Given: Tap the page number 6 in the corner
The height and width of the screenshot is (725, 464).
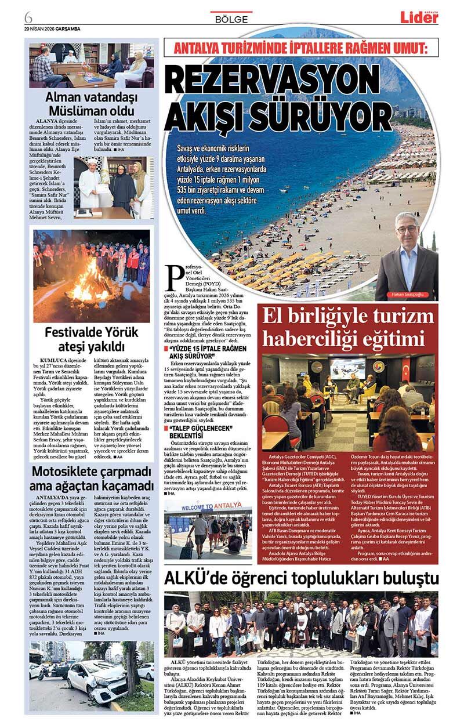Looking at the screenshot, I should pos(28,15).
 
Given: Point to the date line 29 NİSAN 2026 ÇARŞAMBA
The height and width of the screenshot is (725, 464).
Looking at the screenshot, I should pos(52,28).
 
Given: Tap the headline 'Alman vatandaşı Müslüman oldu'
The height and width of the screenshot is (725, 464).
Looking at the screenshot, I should pos(90,104).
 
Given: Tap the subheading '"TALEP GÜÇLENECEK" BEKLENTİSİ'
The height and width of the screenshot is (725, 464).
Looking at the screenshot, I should pos(200,432).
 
